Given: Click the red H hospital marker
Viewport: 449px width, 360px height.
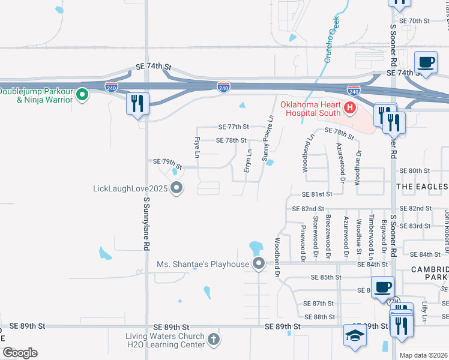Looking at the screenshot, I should pyautogui.click(x=351, y=109).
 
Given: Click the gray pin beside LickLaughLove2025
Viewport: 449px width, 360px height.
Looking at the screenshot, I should pyautogui.click(x=176, y=189).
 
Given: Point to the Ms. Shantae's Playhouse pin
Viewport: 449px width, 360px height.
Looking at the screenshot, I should pyautogui.click(x=259, y=263).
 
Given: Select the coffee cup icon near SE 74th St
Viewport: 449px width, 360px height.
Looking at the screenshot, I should pyautogui.click(x=426, y=62).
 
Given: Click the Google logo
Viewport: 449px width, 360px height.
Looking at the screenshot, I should pyautogui.click(x=19, y=353).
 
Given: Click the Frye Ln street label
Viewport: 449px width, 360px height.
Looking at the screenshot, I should pyautogui.click(x=196, y=147).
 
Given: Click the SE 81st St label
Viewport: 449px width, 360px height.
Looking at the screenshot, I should pyautogui.click(x=318, y=194).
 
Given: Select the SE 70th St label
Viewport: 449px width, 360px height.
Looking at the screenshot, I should pyautogui.click(x=419, y=20).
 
